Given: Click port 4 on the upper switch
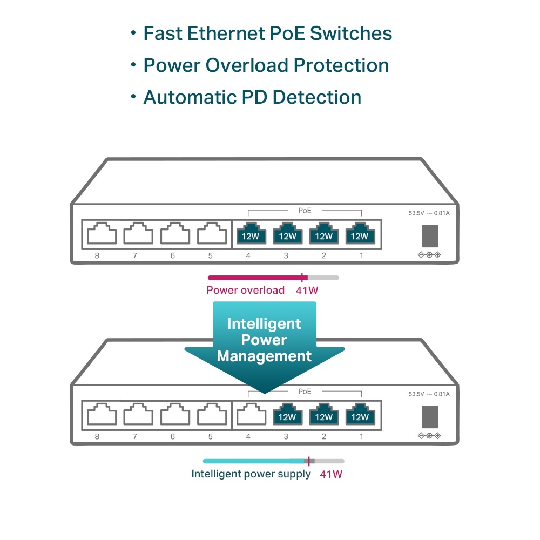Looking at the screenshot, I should point(248,233).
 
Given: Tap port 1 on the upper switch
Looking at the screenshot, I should point(360,233).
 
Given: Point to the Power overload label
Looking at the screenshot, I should point(245,290).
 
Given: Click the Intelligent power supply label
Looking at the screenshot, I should point(251,474).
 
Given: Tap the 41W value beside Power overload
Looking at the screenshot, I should point(307,290).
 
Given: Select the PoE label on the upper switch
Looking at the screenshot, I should point(305,210).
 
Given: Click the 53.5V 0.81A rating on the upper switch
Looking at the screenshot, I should point(429,213).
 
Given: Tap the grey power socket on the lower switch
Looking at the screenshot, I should point(430,416).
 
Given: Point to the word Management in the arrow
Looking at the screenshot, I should point(264,356).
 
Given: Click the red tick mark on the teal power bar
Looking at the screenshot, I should point(309,461).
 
